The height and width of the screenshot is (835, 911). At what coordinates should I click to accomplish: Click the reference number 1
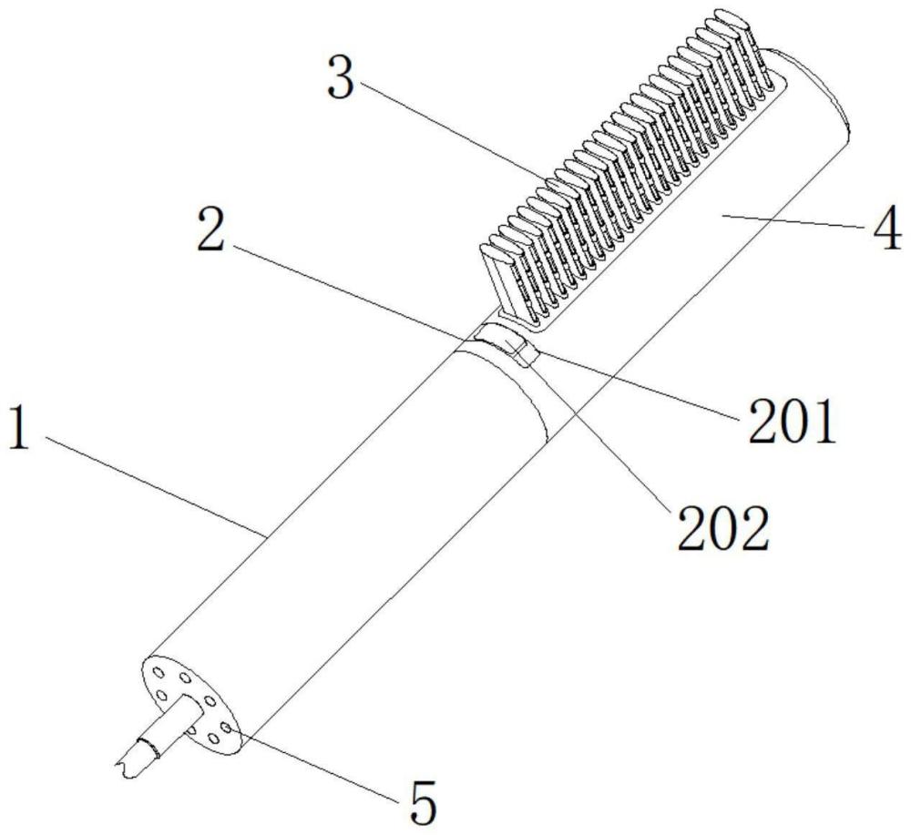pos(20,428)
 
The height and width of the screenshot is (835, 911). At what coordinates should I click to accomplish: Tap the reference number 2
pos(210,230)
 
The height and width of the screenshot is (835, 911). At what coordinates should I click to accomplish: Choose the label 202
pos(723,528)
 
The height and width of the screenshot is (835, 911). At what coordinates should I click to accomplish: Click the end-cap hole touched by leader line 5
pos(226,728)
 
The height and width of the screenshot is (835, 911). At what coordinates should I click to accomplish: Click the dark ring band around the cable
pos(148,749)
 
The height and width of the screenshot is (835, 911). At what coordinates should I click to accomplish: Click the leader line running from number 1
pos(155,484)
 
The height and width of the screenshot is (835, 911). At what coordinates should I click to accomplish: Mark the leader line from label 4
pos(795,221)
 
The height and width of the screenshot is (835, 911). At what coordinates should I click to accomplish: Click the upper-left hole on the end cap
pos(158,673)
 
